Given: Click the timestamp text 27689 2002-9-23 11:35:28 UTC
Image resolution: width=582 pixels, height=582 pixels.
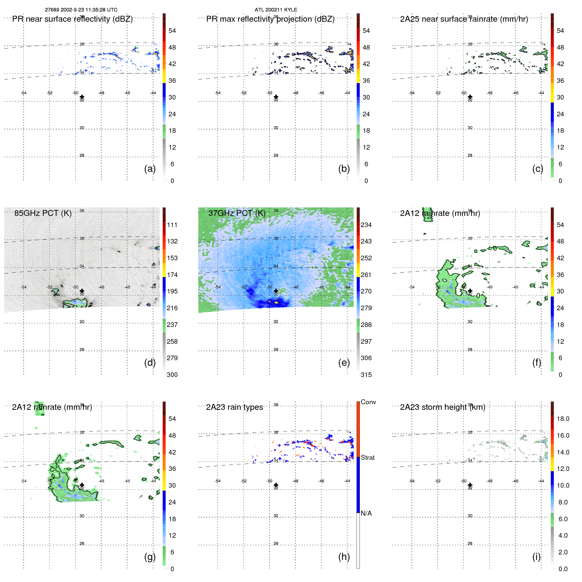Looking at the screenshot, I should (81, 10).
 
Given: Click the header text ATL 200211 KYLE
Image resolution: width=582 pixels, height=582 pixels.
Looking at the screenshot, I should (276, 10).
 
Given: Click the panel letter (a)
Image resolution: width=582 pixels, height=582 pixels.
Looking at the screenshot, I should (150, 169).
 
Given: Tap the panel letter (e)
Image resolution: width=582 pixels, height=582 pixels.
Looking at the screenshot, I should (344, 362).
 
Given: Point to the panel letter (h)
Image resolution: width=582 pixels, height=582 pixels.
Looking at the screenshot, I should (344, 557).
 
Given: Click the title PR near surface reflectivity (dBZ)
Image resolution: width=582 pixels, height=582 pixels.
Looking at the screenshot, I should (72, 19).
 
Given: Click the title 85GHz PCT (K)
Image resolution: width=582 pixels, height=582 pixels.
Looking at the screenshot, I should (43, 213).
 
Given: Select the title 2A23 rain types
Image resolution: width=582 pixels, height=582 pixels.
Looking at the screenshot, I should (234, 407).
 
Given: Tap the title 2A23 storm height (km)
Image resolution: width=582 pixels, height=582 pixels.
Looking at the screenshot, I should (442, 407).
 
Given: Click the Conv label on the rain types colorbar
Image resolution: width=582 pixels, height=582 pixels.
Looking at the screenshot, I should (368, 402).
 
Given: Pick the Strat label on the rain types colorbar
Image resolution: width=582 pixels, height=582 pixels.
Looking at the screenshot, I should (368, 457).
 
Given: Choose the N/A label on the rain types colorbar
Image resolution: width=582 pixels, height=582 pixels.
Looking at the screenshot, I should (366, 513).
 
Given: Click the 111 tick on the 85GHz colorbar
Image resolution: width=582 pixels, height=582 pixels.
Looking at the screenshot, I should (172, 225).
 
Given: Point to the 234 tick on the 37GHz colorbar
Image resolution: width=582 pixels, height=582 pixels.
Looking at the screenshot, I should (366, 225).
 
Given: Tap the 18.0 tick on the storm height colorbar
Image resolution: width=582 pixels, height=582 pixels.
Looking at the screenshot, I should (563, 419).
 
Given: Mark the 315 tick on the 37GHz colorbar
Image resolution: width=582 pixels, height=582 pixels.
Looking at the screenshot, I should (366, 375).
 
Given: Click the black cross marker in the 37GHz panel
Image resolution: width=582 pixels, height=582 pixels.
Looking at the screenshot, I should (276, 291).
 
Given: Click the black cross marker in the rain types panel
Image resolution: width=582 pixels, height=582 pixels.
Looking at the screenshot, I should (276, 485).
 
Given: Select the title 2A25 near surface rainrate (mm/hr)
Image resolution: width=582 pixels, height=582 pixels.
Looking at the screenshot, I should (464, 19).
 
